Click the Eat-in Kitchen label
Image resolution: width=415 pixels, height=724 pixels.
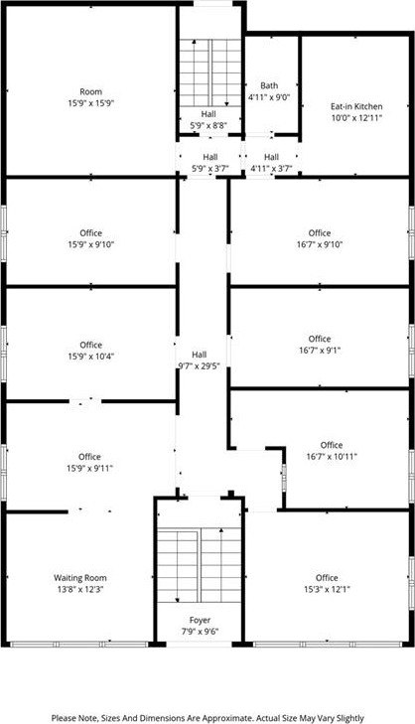(356, 106)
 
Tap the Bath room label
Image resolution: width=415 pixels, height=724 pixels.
(269, 85)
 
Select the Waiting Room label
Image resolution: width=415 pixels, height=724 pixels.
(79, 578)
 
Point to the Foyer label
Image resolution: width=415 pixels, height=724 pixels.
(200, 620)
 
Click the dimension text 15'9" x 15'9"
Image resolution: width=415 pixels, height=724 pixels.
(91, 103)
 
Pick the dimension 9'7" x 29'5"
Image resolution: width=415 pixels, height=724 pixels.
(199, 366)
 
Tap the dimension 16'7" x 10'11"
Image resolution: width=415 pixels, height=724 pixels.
(332, 457)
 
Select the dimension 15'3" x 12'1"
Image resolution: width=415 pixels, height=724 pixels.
(327, 590)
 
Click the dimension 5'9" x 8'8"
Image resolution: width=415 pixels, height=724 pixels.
(208, 125)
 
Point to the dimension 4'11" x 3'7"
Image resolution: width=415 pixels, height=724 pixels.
(271, 169)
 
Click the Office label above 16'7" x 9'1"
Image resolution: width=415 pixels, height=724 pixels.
(320, 339)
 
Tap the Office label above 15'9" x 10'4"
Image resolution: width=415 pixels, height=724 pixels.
(91, 345)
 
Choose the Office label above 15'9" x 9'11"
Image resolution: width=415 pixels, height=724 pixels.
(89, 457)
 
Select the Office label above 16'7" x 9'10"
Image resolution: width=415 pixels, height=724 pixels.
(320, 233)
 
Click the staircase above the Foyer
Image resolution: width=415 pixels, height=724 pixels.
(200, 566)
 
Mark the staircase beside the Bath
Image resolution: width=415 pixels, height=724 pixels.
(210, 72)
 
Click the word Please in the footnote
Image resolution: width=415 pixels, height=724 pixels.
(63, 718)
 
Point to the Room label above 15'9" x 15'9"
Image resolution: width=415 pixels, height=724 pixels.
(91, 92)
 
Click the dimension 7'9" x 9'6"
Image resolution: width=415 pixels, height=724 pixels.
(200, 632)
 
